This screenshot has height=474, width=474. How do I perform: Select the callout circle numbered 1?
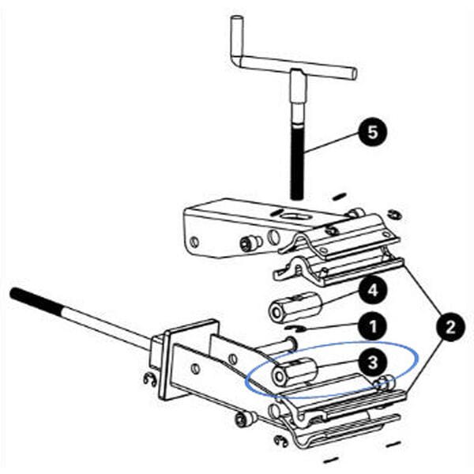coord(372,324)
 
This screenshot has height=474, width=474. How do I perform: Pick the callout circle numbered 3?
coord(372,362)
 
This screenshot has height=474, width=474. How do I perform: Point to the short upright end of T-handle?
coord(235,36)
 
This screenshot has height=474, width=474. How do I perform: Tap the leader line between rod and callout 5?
coord(332,141)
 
